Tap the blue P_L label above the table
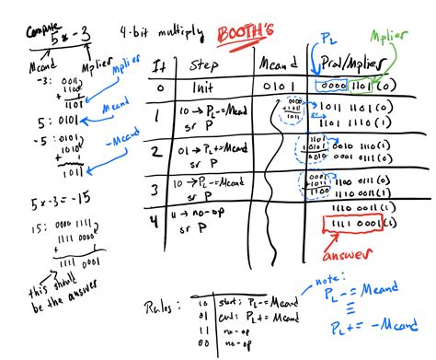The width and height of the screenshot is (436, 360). coord(327,37)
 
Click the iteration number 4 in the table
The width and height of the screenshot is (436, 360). coord(157,219)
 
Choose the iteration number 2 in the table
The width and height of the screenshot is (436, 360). coord(158,150)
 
